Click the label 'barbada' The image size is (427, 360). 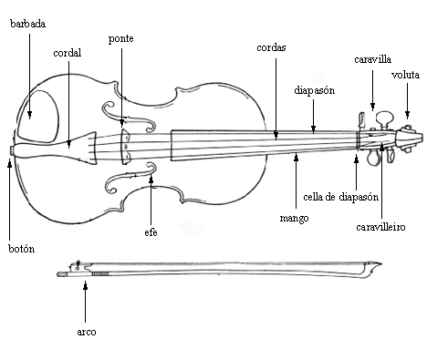pyautogui.click(x=28, y=24)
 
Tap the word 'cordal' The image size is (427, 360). pyautogui.click(x=68, y=53)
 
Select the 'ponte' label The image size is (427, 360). pyautogui.click(x=121, y=39)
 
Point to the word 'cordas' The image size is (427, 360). pyautogui.click(x=271, y=47)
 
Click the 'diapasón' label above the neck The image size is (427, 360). pyautogui.click(x=315, y=90)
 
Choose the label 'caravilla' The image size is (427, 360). pyautogui.click(x=372, y=59)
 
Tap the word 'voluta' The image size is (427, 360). pyautogui.click(x=405, y=75)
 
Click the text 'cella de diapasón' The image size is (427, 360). pyautogui.click(x=341, y=197)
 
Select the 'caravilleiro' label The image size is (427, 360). pyautogui.click(x=380, y=227)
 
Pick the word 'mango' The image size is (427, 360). pyautogui.click(x=294, y=219)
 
